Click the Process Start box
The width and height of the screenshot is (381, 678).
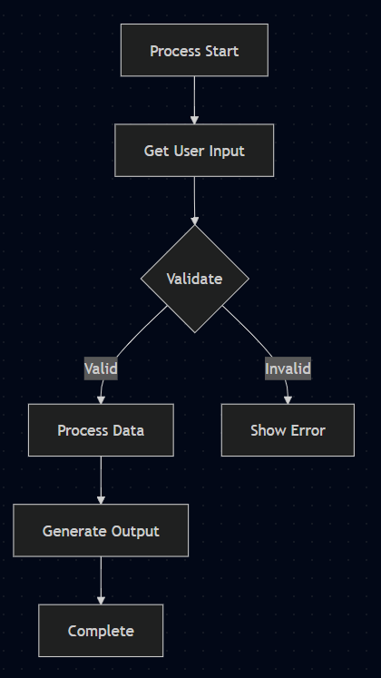(194, 50)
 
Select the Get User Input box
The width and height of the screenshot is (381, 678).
(194, 150)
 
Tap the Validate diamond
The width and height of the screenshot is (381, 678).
(194, 279)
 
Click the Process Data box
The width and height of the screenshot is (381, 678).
(101, 429)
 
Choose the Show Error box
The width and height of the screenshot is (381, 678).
(288, 429)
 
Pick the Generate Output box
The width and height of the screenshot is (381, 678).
(101, 530)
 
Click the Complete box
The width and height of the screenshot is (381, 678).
(101, 630)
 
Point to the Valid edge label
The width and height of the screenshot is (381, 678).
(101, 369)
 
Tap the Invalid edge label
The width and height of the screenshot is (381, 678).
(288, 369)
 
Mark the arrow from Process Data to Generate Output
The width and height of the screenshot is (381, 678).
(101, 478)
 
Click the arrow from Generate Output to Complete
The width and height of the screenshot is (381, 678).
(101, 578)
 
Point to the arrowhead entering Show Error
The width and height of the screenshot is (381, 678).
(288, 398)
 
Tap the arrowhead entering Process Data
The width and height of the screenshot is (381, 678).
(101, 398)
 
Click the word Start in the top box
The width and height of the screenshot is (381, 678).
(221, 51)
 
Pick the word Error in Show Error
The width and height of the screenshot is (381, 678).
(306, 430)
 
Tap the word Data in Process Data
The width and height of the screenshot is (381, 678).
(128, 430)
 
